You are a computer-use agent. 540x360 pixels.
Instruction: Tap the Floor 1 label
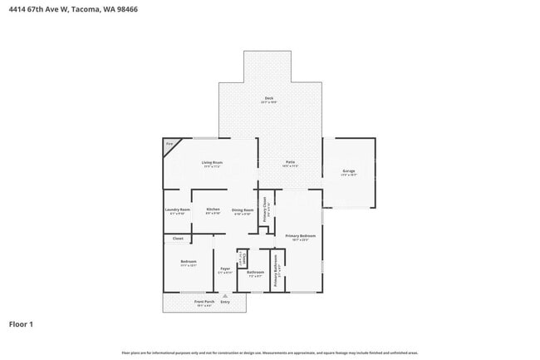tap(22, 323)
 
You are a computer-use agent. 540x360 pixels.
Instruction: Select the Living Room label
tap(212, 163)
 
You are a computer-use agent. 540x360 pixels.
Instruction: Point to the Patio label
tap(291, 163)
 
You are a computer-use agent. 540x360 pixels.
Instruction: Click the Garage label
tap(349, 172)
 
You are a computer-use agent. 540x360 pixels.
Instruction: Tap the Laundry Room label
tap(177, 210)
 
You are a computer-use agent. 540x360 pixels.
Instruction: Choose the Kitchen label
tap(213, 210)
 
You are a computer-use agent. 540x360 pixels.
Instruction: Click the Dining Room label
tap(242, 210)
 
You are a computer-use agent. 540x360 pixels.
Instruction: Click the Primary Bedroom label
tap(301, 237)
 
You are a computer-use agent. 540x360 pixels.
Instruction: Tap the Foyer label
tap(224, 269)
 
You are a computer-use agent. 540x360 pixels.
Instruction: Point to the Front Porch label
tap(204, 303)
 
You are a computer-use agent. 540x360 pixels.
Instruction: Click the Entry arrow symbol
tap(224, 296)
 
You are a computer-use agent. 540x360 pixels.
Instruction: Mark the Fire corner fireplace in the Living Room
tap(169, 145)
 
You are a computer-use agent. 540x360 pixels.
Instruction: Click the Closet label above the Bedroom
tap(178, 239)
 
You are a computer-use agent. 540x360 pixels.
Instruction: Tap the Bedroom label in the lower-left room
tap(188, 264)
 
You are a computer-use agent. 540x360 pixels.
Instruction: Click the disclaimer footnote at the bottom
tap(269, 353)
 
